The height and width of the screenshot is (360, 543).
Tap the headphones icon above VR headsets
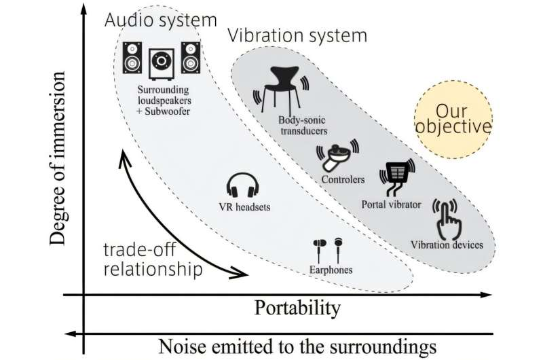click(x=242, y=185)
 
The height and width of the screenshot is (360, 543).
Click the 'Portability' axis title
click(x=297, y=309)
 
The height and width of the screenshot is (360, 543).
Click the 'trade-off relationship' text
click(x=153, y=260)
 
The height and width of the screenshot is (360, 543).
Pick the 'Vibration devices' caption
click(x=447, y=245)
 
